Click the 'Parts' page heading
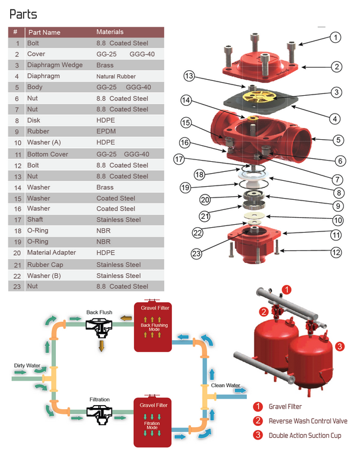tap(23, 14)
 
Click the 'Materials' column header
tap(110, 32)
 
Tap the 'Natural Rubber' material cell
tap(116, 76)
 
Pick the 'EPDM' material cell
tap(105, 131)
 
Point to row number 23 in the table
tap(17, 286)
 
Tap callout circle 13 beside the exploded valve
tap(189, 76)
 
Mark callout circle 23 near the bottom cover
tap(197, 253)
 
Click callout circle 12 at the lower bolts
tap(336, 253)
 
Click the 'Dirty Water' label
tap(27, 365)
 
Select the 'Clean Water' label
tap(226, 385)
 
